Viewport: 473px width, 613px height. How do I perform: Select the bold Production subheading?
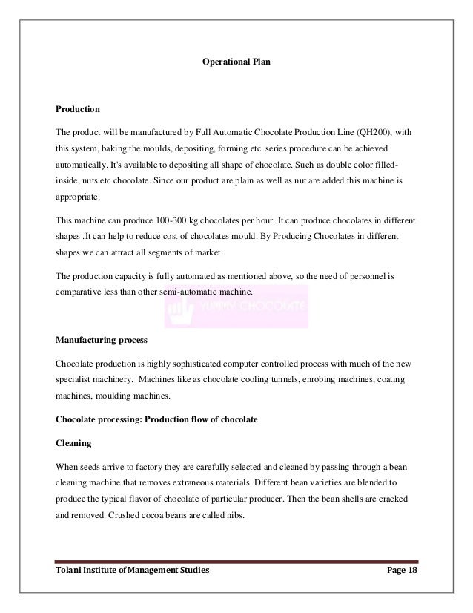(x=78, y=109)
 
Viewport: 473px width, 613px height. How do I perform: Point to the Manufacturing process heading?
(x=101, y=342)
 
